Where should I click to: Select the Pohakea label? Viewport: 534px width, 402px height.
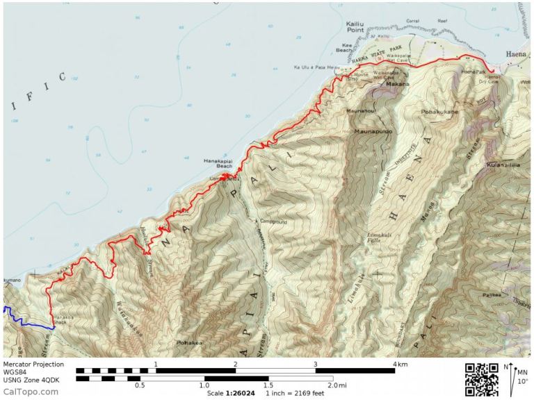click(x=190, y=342)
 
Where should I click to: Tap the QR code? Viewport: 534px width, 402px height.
click(x=481, y=380)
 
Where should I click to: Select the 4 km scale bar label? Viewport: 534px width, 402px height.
click(x=399, y=364)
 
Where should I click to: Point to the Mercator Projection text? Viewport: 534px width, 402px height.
click(x=33, y=364)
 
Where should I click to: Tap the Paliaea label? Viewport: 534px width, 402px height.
click(x=492, y=295)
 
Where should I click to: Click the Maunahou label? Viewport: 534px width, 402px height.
click(x=361, y=110)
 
